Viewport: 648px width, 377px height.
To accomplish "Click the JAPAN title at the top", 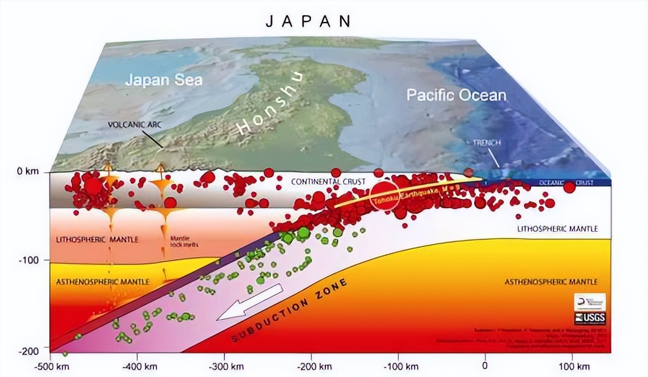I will (x=308, y=21).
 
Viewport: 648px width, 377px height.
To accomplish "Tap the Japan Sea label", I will (x=164, y=80).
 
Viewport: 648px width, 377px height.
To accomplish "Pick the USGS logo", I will (x=590, y=318).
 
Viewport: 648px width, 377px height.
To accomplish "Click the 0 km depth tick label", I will (x=27, y=172).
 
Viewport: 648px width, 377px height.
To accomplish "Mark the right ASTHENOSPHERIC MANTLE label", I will (x=550, y=282).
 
